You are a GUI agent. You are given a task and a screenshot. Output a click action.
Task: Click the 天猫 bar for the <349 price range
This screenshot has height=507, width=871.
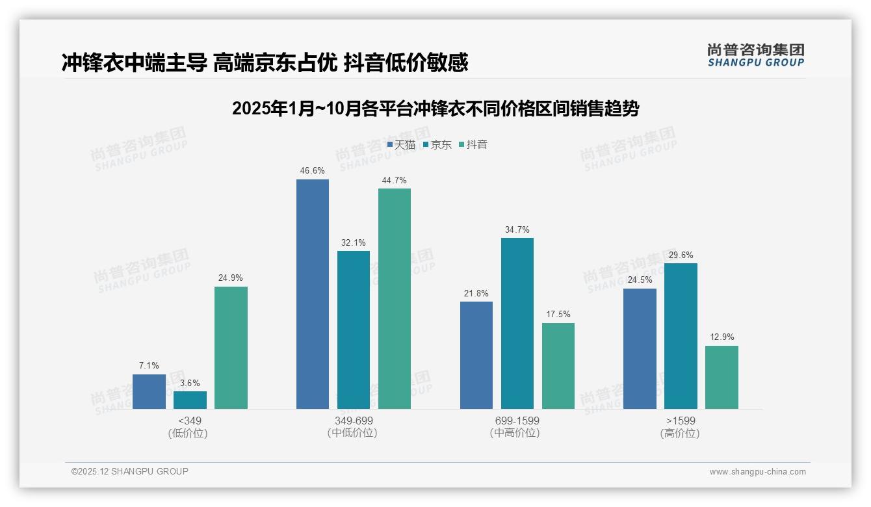(149, 391)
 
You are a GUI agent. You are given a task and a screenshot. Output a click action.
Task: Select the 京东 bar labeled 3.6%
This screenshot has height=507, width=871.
(190, 400)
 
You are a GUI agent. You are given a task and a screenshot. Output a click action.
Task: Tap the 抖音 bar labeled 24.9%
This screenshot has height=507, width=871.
(231, 348)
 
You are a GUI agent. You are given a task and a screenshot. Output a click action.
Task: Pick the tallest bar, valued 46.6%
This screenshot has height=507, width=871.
(313, 294)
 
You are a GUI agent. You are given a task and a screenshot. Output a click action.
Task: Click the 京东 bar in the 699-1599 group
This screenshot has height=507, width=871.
(517, 323)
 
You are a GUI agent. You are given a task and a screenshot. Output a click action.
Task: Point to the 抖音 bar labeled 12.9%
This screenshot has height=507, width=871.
(721, 377)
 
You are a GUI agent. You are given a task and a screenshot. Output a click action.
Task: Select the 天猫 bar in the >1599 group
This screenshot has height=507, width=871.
(640, 348)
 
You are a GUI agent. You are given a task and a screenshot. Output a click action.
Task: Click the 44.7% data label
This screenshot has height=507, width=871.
(395, 181)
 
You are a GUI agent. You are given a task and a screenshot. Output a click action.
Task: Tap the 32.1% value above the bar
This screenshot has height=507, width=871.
(354, 243)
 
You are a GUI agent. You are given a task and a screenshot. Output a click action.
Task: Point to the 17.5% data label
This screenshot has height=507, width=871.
(558, 315)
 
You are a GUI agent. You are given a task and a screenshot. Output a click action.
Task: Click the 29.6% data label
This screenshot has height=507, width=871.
(681, 255)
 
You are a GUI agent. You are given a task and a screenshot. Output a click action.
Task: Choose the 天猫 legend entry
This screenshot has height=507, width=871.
(401, 145)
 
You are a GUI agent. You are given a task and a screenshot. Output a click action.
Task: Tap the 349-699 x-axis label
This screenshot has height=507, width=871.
(354, 421)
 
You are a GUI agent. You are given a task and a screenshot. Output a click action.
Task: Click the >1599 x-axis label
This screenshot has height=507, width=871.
(681, 421)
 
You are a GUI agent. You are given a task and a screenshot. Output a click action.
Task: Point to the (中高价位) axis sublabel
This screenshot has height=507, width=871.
(515, 434)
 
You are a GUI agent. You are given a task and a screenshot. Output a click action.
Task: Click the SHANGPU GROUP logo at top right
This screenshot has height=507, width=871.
(755, 55)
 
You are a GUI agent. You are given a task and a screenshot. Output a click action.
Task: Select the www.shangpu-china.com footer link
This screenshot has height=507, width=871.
(757, 472)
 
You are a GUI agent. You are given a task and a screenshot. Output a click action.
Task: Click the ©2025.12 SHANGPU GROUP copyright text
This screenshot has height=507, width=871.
(130, 472)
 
